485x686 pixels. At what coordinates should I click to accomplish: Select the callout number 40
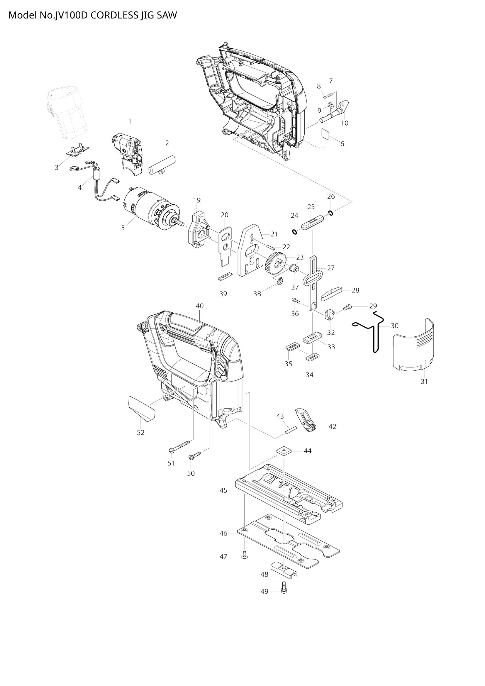tap(199, 306)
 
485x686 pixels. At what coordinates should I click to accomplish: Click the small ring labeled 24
tap(294, 232)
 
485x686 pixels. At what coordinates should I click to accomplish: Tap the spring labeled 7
tap(330, 95)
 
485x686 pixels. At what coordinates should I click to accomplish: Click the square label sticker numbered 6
tap(325, 133)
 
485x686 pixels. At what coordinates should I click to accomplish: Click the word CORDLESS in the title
tap(114, 16)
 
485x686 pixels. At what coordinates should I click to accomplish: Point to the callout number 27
tap(330, 268)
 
